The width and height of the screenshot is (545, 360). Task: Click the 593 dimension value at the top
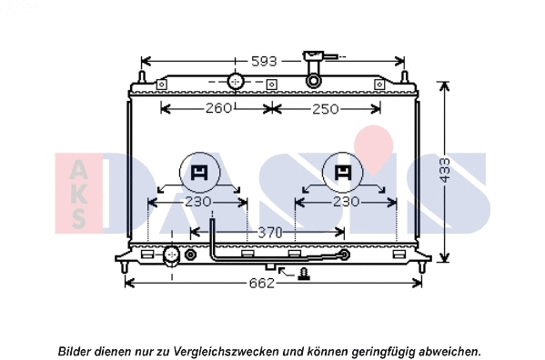tap(264, 61)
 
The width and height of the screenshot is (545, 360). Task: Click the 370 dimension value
tap(268, 234)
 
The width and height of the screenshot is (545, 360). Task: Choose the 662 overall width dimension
tap(261, 283)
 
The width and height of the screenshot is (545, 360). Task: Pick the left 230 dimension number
tap(197, 201)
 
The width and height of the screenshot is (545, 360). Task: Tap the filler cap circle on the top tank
tap(236, 82)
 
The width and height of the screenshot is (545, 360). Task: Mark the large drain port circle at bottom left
tap(171, 254)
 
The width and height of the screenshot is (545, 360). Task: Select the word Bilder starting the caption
tap(76, 350)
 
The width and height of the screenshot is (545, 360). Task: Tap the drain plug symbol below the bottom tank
tap(304, 272)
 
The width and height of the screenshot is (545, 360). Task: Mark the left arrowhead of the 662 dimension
tap(127, 283)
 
